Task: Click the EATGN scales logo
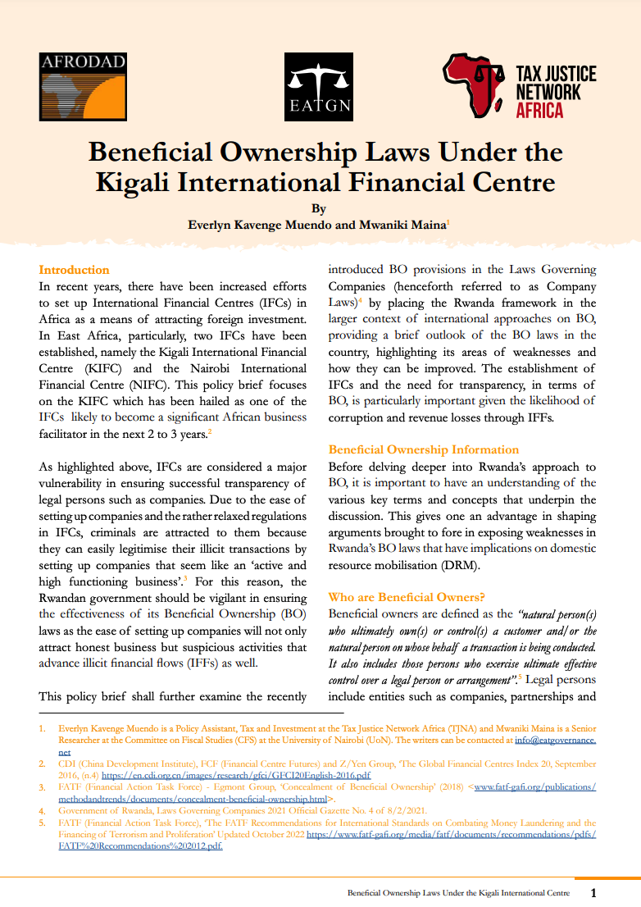(x=319, y=88)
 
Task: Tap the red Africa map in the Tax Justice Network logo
(x=474, y=84)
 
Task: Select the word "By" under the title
(x=320, y=208)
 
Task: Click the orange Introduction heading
(x=74, y=270)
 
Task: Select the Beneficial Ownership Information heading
(x=423, y=449)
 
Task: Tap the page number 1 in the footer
(x=593, y=892)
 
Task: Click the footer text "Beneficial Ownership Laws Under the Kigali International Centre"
(x=457, y=892)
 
